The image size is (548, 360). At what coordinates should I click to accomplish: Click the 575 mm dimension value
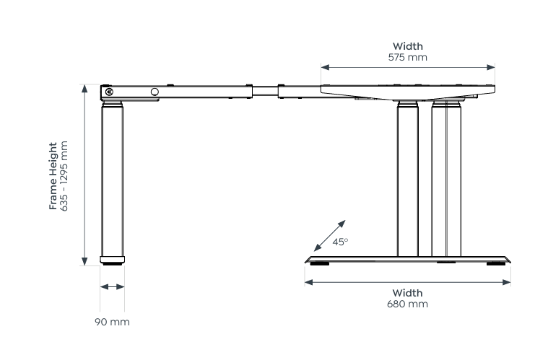[407, 57]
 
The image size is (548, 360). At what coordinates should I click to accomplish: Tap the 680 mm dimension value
[407, 304]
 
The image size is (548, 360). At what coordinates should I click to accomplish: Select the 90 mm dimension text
[112, 321]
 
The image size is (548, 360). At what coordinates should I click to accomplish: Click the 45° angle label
[340, 242]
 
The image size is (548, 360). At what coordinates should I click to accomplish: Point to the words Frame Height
[53, 176]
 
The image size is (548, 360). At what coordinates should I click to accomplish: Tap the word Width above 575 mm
[407, 46]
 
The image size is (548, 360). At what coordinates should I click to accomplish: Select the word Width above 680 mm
[407, 293]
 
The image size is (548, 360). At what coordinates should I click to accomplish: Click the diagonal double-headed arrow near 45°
[326, 233]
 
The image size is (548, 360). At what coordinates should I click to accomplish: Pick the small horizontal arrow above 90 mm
[112, 287]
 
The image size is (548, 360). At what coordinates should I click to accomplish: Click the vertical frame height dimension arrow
[84, 174]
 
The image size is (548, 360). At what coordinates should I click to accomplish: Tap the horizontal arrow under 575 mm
[408, 67]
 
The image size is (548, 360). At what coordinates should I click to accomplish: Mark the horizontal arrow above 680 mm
[407, 281]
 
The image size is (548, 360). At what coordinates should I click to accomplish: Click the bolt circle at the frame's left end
[109, 92]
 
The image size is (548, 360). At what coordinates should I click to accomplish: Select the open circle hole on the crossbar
[155, 92]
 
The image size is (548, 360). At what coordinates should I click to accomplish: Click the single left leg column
[112, 180]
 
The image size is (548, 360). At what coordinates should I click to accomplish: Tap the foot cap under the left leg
[112, 260]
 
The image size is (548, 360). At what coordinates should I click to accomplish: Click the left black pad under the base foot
[319, 263]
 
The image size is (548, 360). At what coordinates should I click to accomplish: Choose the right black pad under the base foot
[496, 263]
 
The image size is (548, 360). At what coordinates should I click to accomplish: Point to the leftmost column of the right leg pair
[407, 180]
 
